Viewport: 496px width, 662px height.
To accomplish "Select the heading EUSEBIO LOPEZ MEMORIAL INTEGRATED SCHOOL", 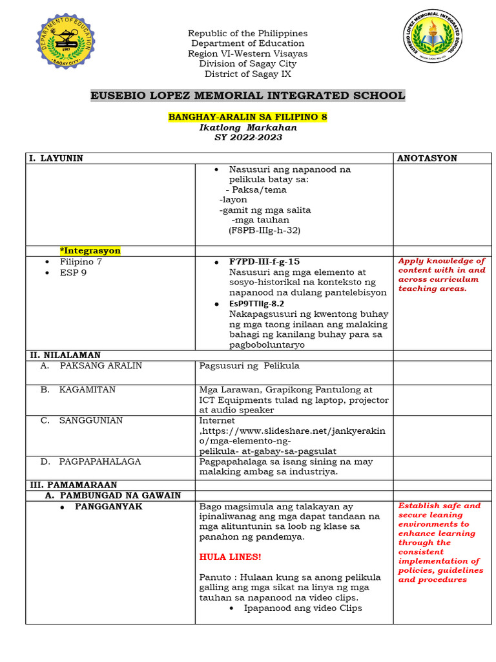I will point(247,96).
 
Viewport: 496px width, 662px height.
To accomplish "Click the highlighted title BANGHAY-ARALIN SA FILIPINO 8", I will point(248,117).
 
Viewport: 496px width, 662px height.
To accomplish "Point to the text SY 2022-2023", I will point(248,137).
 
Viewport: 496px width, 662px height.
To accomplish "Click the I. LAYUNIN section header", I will point(55,158).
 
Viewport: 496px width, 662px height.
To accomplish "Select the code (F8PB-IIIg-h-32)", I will point(264,230).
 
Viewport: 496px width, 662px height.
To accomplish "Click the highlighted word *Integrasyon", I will point(90,251).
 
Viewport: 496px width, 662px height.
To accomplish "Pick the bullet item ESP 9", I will point(74,272).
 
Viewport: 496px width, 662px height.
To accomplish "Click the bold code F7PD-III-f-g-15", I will point(264,262).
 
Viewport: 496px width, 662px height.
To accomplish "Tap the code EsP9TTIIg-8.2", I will point(256,303).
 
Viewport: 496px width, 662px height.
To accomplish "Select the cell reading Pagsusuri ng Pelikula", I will point(249,366).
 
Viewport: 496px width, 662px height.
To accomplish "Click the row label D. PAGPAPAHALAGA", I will point(99,462).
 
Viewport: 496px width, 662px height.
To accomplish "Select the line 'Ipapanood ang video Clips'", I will point(303,608).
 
